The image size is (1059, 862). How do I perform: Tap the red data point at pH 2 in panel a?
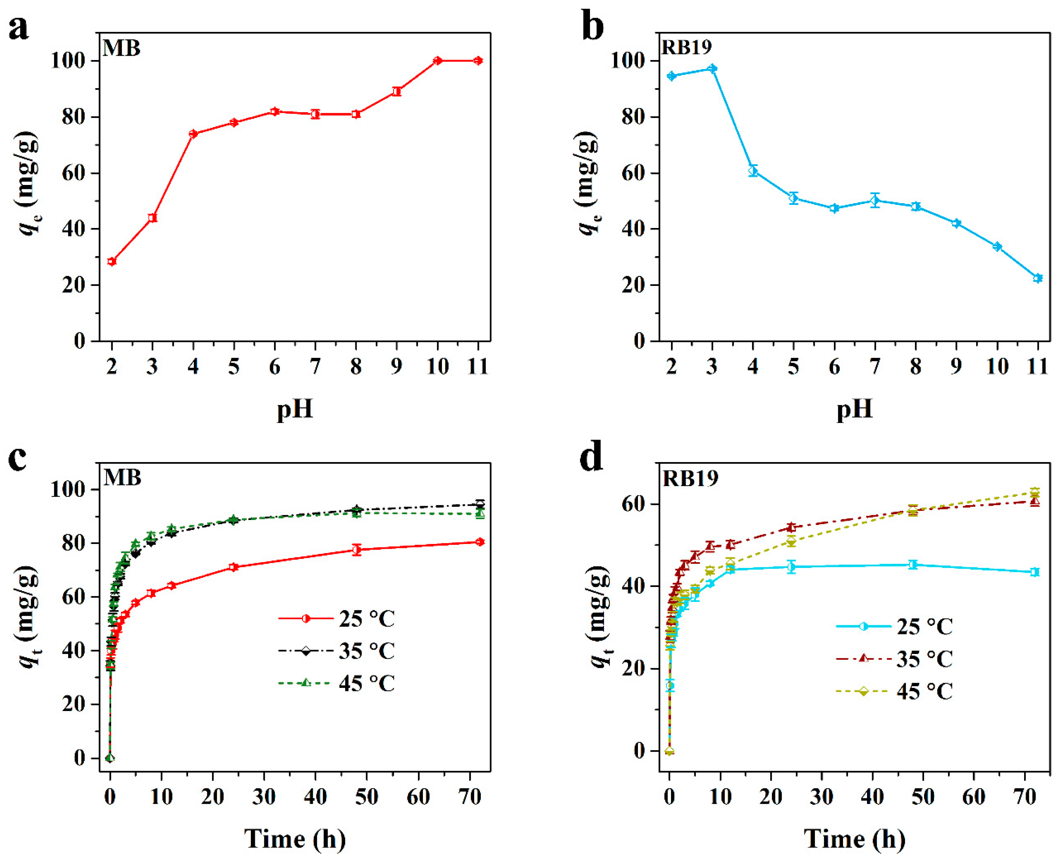click(x=112, y=261)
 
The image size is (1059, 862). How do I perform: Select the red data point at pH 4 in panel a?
click(x=193, y=134)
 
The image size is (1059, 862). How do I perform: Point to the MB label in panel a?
click(x=122, y=49)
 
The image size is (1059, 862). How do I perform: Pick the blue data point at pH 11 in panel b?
click(x=1037, y=278)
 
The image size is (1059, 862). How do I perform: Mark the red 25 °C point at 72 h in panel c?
click(x=479, y=542)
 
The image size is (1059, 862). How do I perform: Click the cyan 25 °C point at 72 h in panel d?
click(x=1035, y=572)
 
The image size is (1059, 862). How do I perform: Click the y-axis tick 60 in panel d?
click(x=634, y=504)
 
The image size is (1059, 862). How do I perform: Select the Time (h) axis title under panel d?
click(x=854, y=839)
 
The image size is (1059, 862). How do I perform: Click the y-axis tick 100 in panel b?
click(x=628, y=61)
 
